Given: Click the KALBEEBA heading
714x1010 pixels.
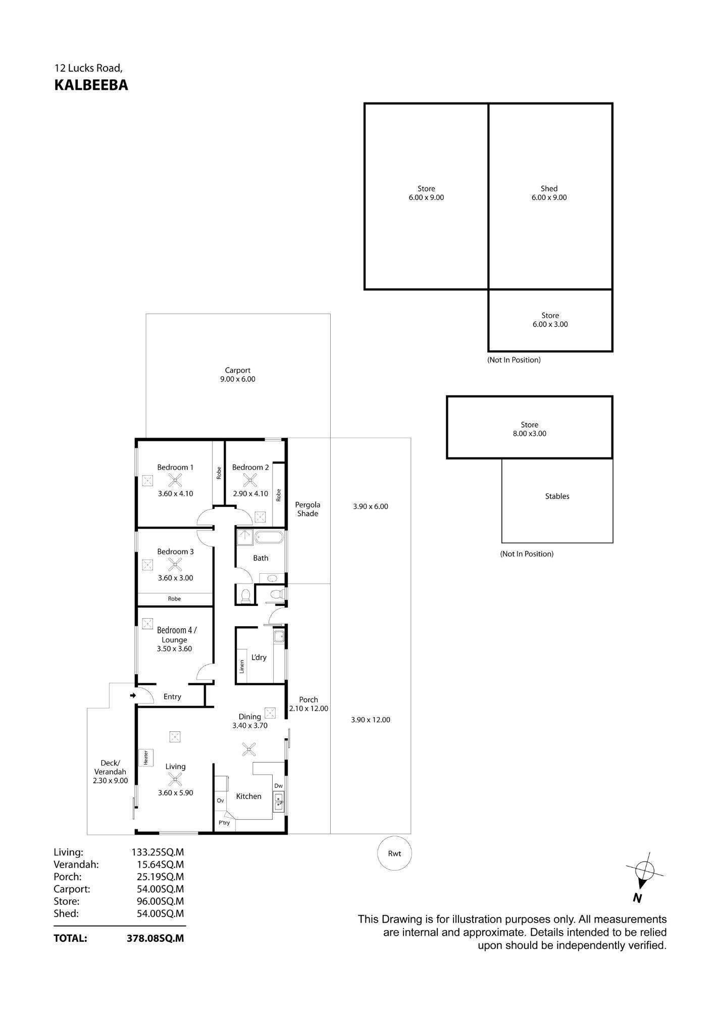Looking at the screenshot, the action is pos(91,85).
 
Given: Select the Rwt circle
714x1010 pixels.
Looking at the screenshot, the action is pos(394,853).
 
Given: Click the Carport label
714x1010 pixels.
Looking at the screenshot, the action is pos(237,370).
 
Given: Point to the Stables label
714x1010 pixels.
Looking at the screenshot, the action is pos(557,496).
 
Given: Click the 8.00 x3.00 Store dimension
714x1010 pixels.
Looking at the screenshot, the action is pos(529,433).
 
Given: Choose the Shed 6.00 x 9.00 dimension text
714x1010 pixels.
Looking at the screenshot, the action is pos(549,197).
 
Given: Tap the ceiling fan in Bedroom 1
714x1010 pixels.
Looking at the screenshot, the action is pos(175,480).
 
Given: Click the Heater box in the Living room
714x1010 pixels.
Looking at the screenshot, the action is pos(145,757).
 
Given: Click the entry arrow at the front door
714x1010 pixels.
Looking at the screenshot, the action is pos(133,695).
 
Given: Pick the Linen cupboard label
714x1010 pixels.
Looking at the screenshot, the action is pos(242,667).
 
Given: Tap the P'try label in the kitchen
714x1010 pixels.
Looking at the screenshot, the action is pos(224,823).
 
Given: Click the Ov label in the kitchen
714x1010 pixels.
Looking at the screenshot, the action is pos(220,800).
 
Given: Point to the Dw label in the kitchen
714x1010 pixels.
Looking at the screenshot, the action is pos(278,786).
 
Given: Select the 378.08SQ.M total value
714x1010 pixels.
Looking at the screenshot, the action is pos(156,938).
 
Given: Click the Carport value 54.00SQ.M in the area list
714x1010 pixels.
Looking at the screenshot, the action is pos(158,889).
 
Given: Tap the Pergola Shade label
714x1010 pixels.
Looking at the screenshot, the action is pos(308,509).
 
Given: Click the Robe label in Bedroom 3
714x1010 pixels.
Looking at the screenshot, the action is pos(174,599).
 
